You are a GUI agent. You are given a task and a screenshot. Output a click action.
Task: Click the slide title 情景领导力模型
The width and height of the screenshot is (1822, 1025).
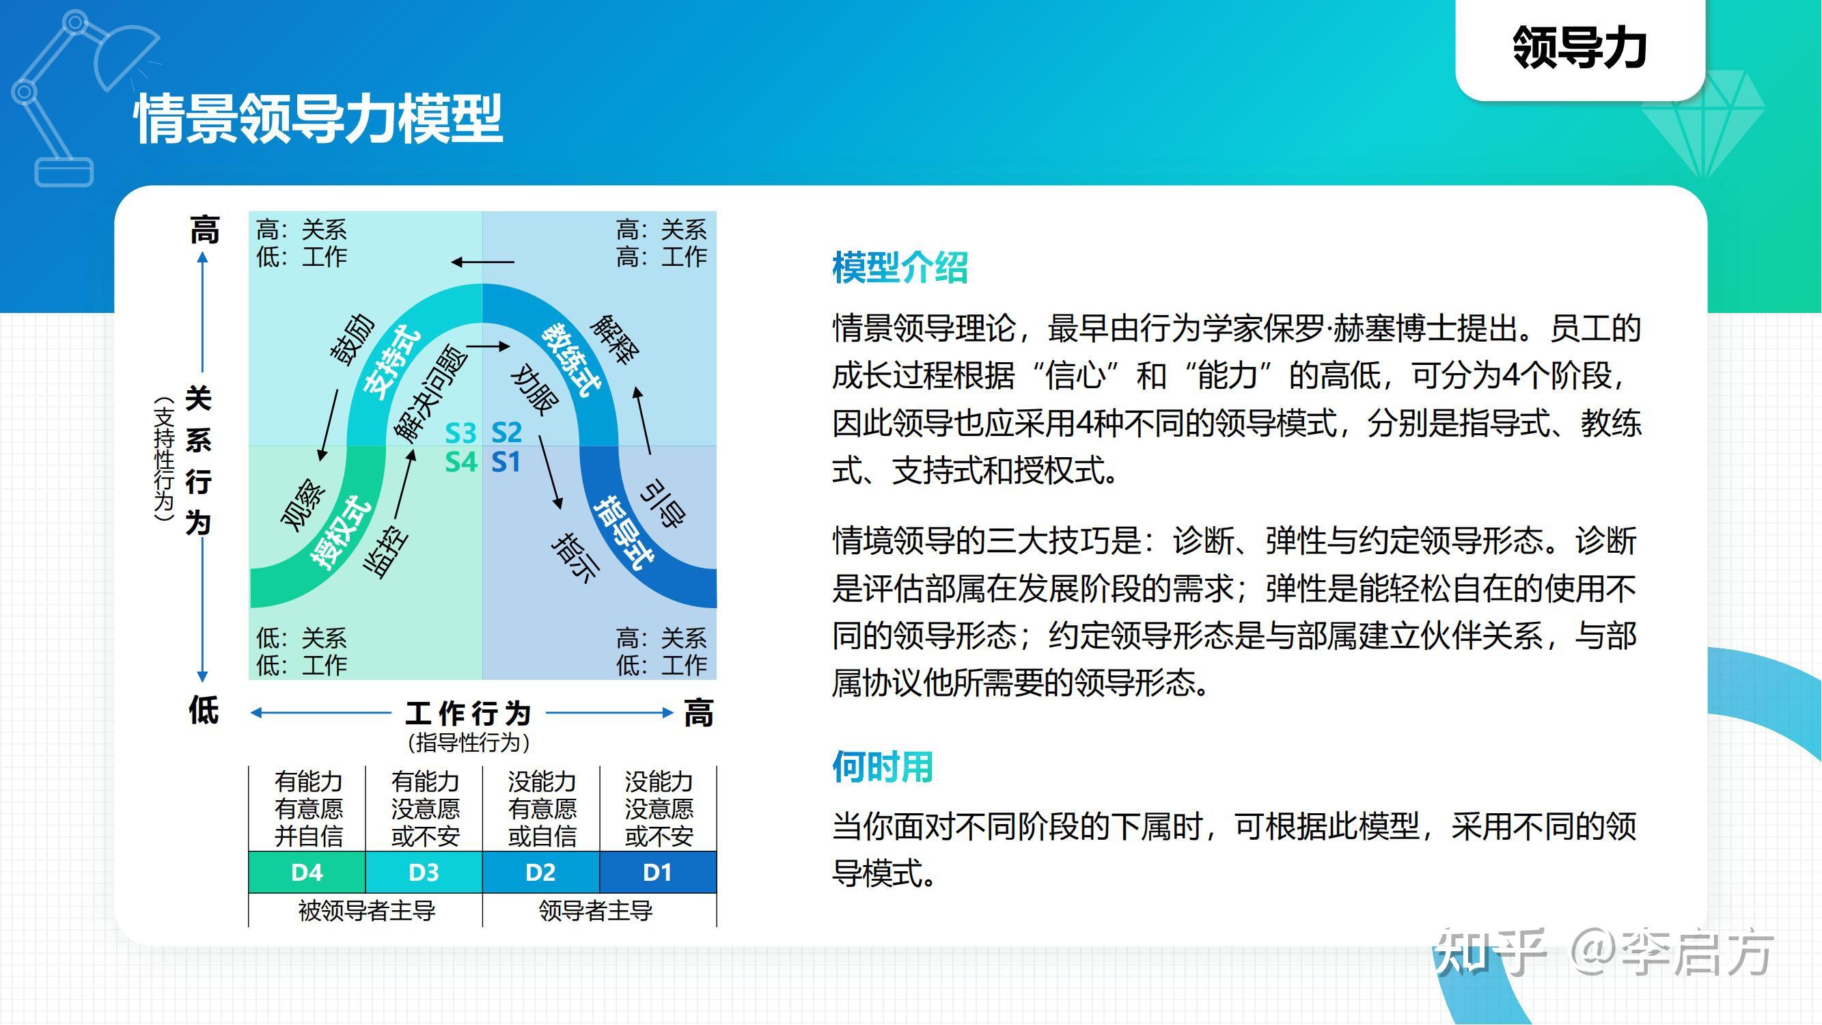(x=318, y=119)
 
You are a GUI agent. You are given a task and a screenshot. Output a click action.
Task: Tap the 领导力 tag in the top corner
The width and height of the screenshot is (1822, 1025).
(x=1579, y=47)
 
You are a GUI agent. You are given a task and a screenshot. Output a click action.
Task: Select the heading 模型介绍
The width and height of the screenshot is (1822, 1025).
(x=900, y=268)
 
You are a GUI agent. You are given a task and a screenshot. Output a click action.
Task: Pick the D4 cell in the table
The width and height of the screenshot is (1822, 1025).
(x=307, y=872)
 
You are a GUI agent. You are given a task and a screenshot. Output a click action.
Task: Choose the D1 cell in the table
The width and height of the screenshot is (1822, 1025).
(x=657, y=872)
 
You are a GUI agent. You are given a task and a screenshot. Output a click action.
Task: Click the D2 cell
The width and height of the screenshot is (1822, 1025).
(x=540, y=872)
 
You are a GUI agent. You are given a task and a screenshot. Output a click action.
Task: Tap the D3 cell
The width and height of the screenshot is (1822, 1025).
(x=424, y=872)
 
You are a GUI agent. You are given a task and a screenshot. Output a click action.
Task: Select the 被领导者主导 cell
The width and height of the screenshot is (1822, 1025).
(x=366, y=910)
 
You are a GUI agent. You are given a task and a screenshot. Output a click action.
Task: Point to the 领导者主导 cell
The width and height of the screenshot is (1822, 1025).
(x=596, y=910)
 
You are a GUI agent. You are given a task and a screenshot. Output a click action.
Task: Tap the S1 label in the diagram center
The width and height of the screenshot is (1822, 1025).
(x=506, y=463)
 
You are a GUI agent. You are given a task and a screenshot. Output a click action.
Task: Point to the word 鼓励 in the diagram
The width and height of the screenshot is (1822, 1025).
(x=353, y=340)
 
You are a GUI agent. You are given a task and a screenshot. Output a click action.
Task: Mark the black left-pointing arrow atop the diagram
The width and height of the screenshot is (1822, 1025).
(x=482, y=262)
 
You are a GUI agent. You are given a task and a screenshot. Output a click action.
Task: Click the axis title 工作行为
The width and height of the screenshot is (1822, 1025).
(x=468, y=713)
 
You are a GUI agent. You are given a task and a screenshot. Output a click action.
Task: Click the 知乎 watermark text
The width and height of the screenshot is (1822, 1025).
(x=1489, y=951)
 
